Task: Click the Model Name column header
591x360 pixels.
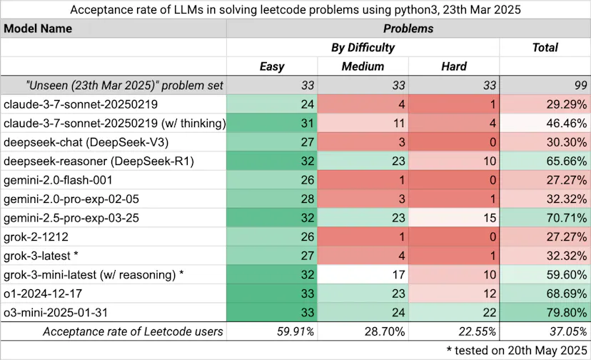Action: pyautogui.click(x=38, y=29)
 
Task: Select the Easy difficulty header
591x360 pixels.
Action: pyautogui.click(x=272, y=66)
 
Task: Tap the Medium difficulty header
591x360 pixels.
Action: pyautogui.click(x=363, y=66)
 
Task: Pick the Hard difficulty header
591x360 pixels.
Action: pyautogui.click(x=454, y=66)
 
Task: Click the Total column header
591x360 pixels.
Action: pyautogui.click(x=545, y=48)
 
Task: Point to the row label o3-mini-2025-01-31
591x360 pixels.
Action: pyautogui.click(x=56, y=312)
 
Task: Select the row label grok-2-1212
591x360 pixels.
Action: pyautogui.click(x=36, y=237)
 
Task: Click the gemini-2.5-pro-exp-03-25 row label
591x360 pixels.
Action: pyautogui.click(x=71, y=218)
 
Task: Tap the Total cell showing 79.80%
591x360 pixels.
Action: pyautogui.click(x=567, y=312)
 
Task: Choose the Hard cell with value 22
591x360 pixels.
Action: pyautogui.click(x=490, y=312)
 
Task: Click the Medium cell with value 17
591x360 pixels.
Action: pyautogui.click(x=398, y=275)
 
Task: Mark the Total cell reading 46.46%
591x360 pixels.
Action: pyautogui.click(x=567, y=124)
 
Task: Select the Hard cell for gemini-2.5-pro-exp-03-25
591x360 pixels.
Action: pyautogui.click(x=490, y=218)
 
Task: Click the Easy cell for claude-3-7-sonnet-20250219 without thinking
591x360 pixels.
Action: pyautogui.click(x=308, y=104)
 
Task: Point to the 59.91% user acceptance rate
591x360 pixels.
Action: pyautogui.click(x=295, y=331)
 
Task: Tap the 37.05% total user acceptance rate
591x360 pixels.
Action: pyautogui.click(x=568, y=331)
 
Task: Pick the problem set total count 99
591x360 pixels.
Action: pyautogui.click(x=581, y=85)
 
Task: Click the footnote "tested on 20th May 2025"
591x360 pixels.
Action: pyautogui.click(x=521, y=350)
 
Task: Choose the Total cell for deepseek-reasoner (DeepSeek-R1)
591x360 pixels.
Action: pyautogui.click(x=567, y=161)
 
